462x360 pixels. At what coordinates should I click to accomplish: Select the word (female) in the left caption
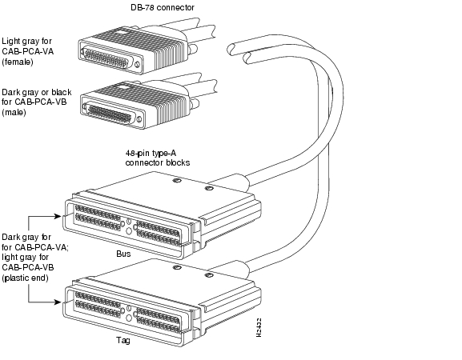(x=17, y=63)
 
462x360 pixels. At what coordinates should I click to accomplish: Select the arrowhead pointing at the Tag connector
(x=58, y=302)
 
